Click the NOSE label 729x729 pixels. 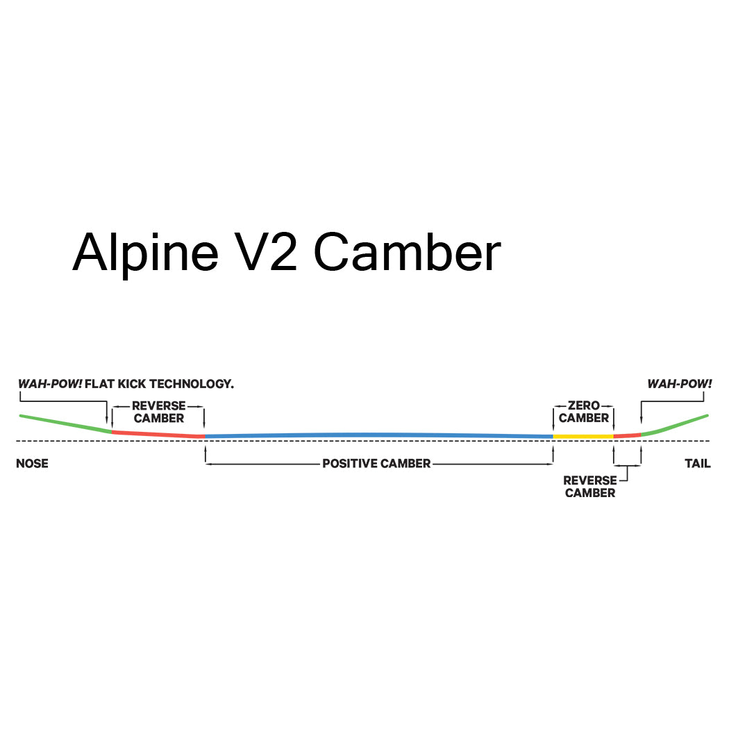[x=32, y=463]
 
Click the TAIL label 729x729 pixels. [x=697, y=463]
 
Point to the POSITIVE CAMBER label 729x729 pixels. [x=376, y=463]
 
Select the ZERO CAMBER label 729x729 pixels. [x=583, y=412]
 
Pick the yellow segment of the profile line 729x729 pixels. [x=583, y=437]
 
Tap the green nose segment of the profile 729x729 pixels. [x=66, y=424]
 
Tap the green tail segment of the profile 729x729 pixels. [x=677, y=425]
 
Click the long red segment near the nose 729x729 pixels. [x=158, y=434]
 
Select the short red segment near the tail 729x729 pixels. [x=628, y=435]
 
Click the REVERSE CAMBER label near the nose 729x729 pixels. [x=159, y=412]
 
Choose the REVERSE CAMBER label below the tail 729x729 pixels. [x=589, y=486]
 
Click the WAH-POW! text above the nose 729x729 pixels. [x=49, y=383]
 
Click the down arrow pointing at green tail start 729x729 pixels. [x=641, y=421]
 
